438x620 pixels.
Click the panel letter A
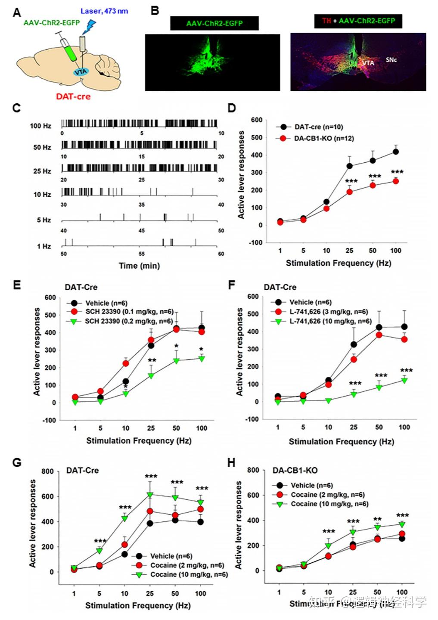tap(17, 12)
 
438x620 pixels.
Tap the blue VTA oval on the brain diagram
tap(81, 71)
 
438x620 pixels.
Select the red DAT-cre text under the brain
tap(73, 96)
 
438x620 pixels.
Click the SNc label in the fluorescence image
tap(391, 60)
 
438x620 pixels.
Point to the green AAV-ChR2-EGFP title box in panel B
tap(214, 23)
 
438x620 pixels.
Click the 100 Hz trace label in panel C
tap(40, 126)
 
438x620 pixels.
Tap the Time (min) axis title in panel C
tap(139, 266)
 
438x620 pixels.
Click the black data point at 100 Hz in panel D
tap(395, 152)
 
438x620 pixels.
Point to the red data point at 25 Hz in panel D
tap(349, 192)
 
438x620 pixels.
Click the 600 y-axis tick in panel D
tap(257, 120)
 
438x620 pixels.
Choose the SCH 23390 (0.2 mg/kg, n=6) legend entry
tap(129, 321)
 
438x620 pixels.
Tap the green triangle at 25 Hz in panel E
tap(151, 375)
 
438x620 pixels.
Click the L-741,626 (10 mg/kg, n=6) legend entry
tap(330, 321)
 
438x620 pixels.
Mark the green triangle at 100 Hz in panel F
tap(404, 380)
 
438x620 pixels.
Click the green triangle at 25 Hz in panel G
tap(150, 495)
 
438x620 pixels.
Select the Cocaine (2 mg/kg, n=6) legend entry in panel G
tap(187, 565)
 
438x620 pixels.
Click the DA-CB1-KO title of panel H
tap(295, 470)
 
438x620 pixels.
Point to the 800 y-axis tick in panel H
tap(253, 470)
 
